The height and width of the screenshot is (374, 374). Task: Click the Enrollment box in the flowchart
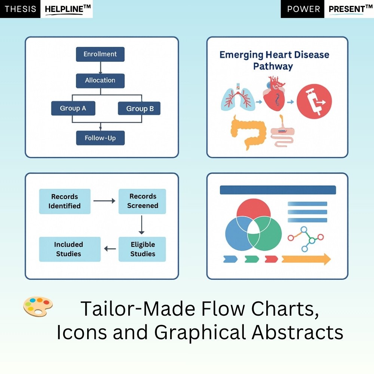pyautogui.click(x=100, y=54)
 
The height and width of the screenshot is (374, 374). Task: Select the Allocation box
pyautogui.click(x=100, y=80)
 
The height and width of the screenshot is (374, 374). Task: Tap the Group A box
pyautogui.click(x=73, y=108)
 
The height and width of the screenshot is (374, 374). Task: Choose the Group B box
pyautogui.click(x=140, y=109)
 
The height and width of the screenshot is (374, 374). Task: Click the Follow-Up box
pyautogui.click(x=100, y=138)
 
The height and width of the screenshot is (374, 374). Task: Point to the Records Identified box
pyautogui.click(x=65, y=201)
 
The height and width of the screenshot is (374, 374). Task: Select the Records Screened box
pyautogui.click(x=142, y=201)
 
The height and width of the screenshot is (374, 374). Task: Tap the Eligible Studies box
pyautogui.click(x=142, y=249)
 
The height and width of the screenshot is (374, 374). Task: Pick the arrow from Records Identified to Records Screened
pyautogui.click(x=104, y=201)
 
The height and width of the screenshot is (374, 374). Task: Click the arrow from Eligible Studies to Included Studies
pyautogui.click(x=110, y=249)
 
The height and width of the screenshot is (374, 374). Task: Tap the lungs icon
pyautogui.click(x=238, y=99)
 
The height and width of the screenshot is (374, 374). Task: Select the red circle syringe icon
pyautogui.click(x=314, y=101)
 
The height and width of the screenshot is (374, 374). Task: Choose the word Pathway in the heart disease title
pyautogui.click(x=273, y=67)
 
